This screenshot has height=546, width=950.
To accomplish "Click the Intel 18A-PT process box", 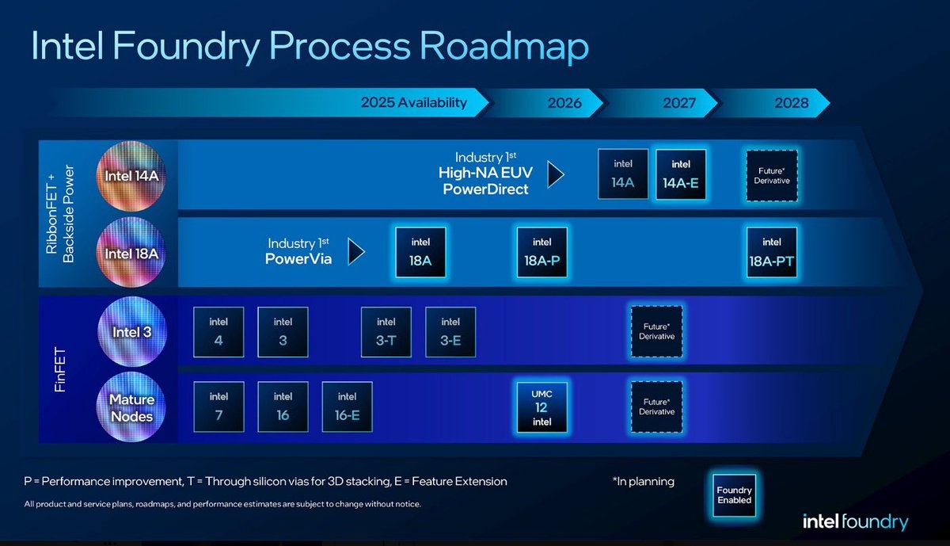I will [x=772, y=253].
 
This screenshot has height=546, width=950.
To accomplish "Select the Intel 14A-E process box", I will [x=681, y=175].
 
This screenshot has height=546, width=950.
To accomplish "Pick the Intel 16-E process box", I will [x=347, y=407].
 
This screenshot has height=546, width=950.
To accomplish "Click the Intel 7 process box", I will [x=218, y=407].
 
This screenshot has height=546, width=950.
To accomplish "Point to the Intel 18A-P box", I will [x=542, y=253].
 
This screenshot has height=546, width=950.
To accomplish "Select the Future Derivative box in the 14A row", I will [x=772, y=175].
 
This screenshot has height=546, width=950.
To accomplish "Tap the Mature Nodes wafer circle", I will [x=132, y=407].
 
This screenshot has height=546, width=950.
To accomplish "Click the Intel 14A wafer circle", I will [x=132, y=175].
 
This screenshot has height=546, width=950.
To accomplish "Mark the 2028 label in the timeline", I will [x=792, y=103].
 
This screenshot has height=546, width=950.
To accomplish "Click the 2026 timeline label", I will [x=564, y=103].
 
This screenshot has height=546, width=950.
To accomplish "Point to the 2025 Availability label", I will [x=413, y=102].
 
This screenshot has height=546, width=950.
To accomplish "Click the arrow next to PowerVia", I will [x=356, y=252].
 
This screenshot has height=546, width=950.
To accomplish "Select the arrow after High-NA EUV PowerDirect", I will [x=556, y=174].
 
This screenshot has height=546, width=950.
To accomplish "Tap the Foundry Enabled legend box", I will [x=734, y=495].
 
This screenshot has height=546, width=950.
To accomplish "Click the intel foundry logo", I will [x=855, y=521].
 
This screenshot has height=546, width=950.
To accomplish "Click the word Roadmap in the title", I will [x=503, y=47].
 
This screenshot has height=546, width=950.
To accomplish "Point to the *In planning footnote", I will [x=643, y=481].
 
